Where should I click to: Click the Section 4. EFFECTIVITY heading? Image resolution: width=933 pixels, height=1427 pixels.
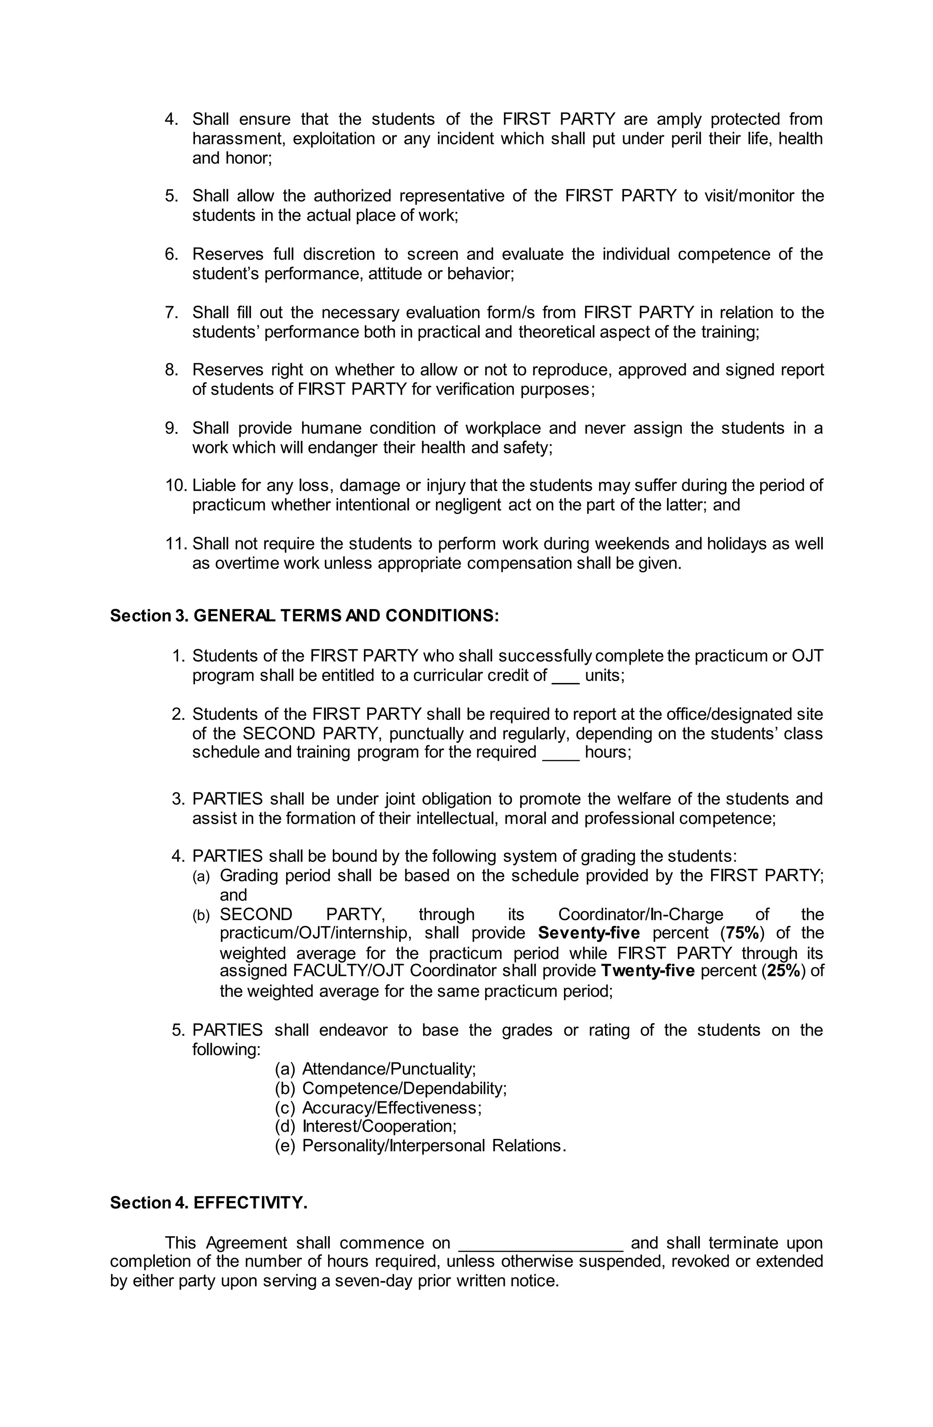[209, 1203]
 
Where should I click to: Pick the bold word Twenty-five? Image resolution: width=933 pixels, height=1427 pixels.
[647, 971]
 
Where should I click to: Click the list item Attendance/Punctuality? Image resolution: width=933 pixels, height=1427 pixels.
[389, 1068]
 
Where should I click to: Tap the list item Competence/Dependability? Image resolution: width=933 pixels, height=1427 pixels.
[404, 1088]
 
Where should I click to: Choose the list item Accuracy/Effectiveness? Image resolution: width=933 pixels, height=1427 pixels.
[391, 1107]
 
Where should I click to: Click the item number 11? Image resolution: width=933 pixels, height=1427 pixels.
[176, 544]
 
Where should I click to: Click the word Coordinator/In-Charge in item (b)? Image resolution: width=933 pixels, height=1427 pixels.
[641, 914]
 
